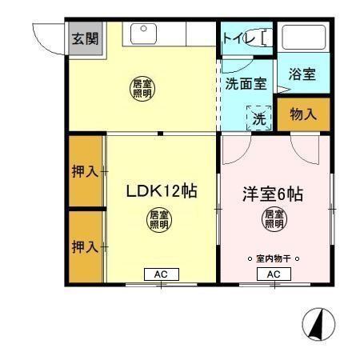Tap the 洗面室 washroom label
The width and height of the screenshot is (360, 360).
246,83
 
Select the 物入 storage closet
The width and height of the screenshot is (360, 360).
303,114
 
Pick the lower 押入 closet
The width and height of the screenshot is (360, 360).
84,246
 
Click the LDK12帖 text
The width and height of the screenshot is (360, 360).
161,192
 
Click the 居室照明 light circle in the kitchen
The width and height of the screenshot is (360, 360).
142,88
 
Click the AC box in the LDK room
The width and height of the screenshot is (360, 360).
161,274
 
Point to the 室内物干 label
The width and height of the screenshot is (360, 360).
274,258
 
